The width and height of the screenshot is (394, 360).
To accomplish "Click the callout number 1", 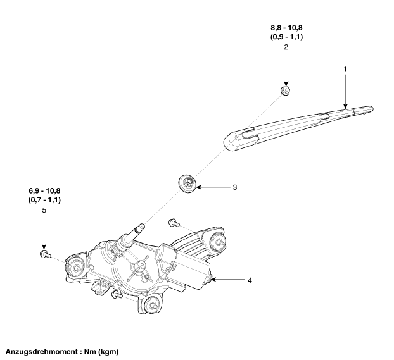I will [x=345, y=68].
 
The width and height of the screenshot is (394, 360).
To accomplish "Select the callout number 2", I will [x=286, y=47].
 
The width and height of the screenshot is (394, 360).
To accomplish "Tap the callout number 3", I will [x=234, y=187].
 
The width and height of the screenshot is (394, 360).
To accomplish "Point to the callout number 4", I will [x=251, y=279].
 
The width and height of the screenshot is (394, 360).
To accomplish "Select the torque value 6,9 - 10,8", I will [x=44, y=190].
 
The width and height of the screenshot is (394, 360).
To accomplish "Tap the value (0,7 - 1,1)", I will [x=44, y=200].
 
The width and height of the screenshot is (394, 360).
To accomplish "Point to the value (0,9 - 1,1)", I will [x=286, y=37].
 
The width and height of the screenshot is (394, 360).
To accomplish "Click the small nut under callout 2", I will [x=286, y=90].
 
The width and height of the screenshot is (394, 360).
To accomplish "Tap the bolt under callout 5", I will [x=44, y=254].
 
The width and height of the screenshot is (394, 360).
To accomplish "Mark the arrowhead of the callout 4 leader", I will [x=213, y=279].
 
